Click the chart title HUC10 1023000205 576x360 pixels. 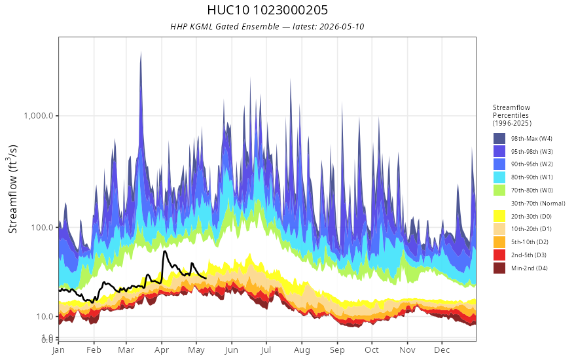click(x=268, y=10)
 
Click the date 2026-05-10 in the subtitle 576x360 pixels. click(x=342, y=26)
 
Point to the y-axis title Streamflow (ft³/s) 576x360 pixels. click(x=12, y=189)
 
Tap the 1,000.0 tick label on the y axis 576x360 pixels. click(x=41, y=116)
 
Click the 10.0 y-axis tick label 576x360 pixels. click(x=45, y=317)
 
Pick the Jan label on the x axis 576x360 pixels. click(x=58, y=350)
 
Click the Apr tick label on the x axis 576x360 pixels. click(x=162, y=350)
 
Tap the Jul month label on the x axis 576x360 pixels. click(x=266, y=350)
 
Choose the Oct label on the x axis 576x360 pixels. click(x=372, y=350)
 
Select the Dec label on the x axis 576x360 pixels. click(x=442, y=350)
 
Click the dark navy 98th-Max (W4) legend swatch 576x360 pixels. click(x=499, y=139)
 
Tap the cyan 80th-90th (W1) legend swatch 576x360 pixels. click(x=499, y=177)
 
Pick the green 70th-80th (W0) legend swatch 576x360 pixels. click(x=499, y=190)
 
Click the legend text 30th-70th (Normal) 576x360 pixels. click(x=538, y=203)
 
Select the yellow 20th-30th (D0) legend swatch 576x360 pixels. click(x=499, y=216)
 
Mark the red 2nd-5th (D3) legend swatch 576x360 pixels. click(x=499, y=255)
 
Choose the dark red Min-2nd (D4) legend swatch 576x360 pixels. click(x=499, y=268)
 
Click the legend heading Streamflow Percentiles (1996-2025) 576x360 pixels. click(x=512, y=115)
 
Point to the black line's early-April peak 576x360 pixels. click(x=164, y=251)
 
